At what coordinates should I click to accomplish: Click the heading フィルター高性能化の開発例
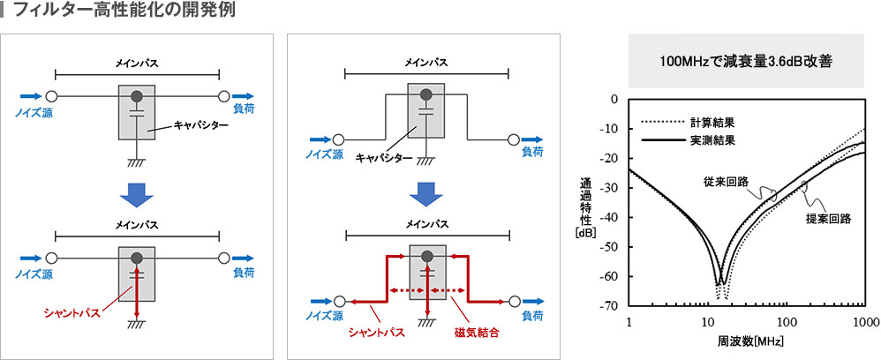click(x=124, y=13)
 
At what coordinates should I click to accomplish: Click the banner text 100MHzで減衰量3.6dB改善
click(x=746, y=63)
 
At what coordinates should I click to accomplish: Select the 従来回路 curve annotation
click(x=726, y=182)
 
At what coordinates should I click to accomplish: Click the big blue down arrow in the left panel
click(x=136, y=193)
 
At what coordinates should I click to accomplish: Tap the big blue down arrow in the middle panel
click(x=426, y=193)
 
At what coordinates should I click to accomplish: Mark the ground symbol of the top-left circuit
click(x=136, y=162)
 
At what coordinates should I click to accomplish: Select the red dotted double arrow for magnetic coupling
click(x=427, y=290)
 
